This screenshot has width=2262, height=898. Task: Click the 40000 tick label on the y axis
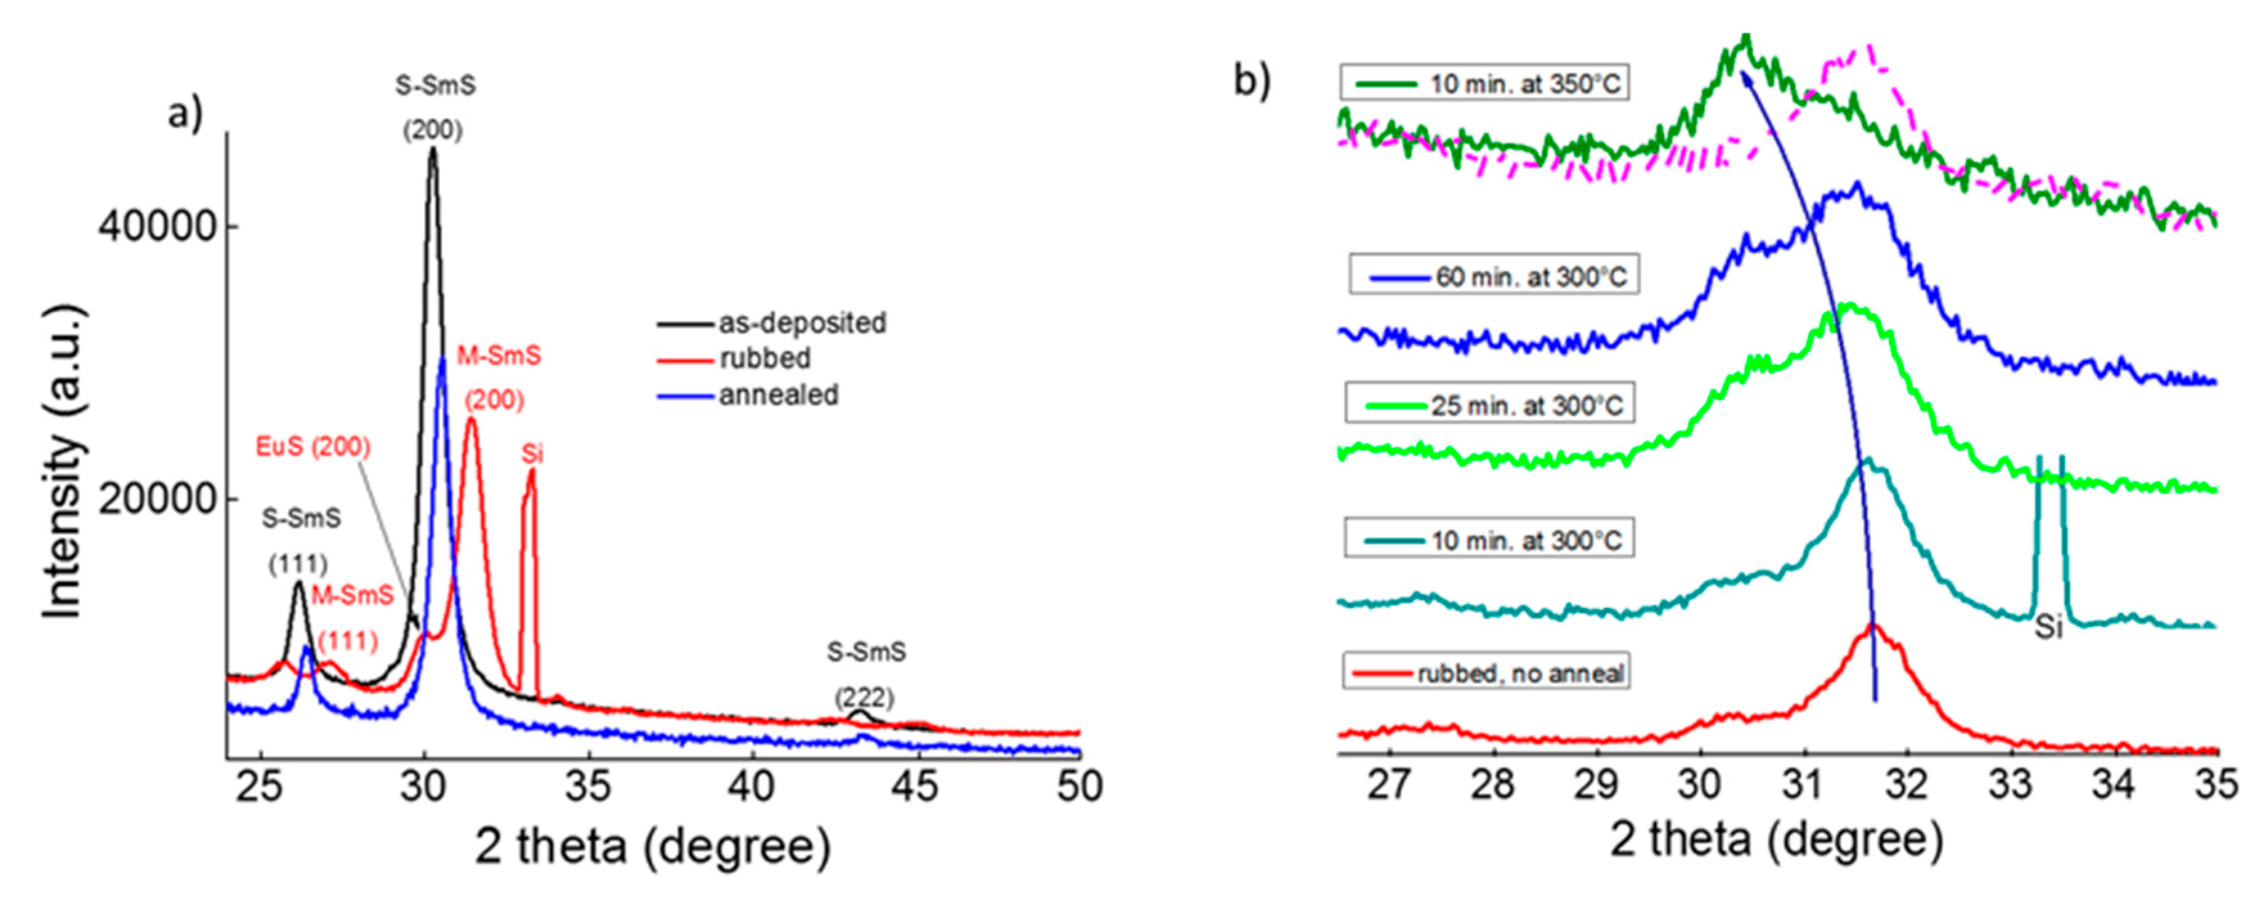click(x=156, y=227)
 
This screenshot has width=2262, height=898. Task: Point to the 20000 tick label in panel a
click(x=156, y=499)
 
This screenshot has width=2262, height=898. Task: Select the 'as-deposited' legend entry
click(x=802, y=323)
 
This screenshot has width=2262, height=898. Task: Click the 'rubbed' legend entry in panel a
click(x=764, y=358)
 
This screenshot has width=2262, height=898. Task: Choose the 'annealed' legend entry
click(x=778, y=395)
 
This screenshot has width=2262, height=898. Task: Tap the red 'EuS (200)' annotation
click(x=313, y=447)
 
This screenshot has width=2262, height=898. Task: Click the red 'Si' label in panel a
click(x=532, y=454)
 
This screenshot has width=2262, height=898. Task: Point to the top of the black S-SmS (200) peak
click(x=432, y=149)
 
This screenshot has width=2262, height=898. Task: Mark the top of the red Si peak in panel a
click(x=531, y=471)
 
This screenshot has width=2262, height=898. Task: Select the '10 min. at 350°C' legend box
click(x=1484, y=84)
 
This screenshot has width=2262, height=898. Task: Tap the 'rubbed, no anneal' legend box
click(x=1486, y=673)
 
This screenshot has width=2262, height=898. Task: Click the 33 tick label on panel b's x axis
click(x=2009, y=784)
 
